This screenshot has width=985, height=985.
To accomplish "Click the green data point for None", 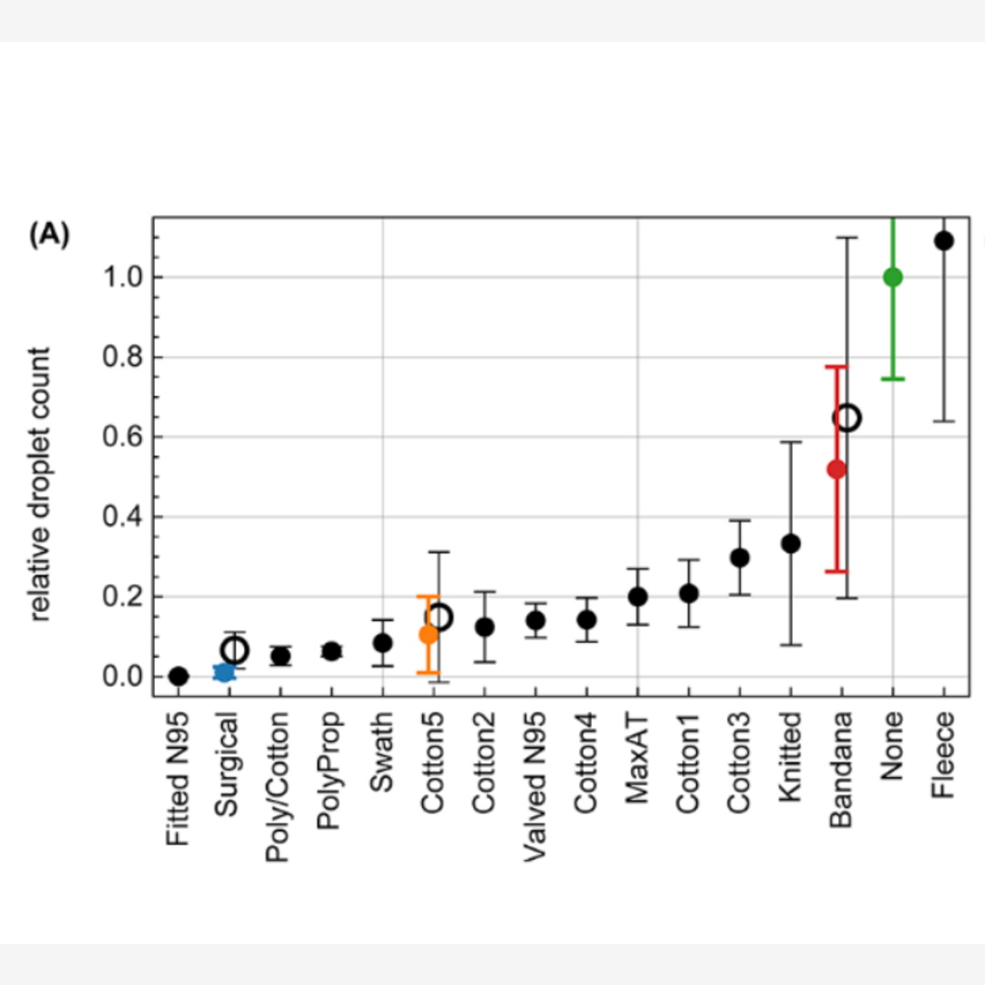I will click(x=893, y=277).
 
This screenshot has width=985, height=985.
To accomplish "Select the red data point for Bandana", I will click(x=836, y=470).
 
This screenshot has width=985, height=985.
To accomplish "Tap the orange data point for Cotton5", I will click(x=429, y=635).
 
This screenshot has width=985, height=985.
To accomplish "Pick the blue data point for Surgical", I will click(x=223, y=672).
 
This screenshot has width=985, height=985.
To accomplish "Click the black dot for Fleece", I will click(x=944, y=241).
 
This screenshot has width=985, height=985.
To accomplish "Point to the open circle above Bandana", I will click(x=847, y=418).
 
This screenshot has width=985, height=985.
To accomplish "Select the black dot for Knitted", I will click(x=791, y=544).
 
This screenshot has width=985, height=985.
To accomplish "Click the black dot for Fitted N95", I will click(x=179, y=677).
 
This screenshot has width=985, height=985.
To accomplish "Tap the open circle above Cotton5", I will click(x=440, y=617).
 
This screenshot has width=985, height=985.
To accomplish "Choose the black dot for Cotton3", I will click(x=740, y=557).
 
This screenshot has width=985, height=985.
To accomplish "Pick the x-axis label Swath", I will click(x=382, y=753).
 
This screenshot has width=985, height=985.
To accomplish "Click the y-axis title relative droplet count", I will click(x=42, y=483).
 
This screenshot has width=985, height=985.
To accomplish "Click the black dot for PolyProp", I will click(x=332, y=651).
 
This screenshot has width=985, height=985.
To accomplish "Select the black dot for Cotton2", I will click(x=484, y=627).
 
